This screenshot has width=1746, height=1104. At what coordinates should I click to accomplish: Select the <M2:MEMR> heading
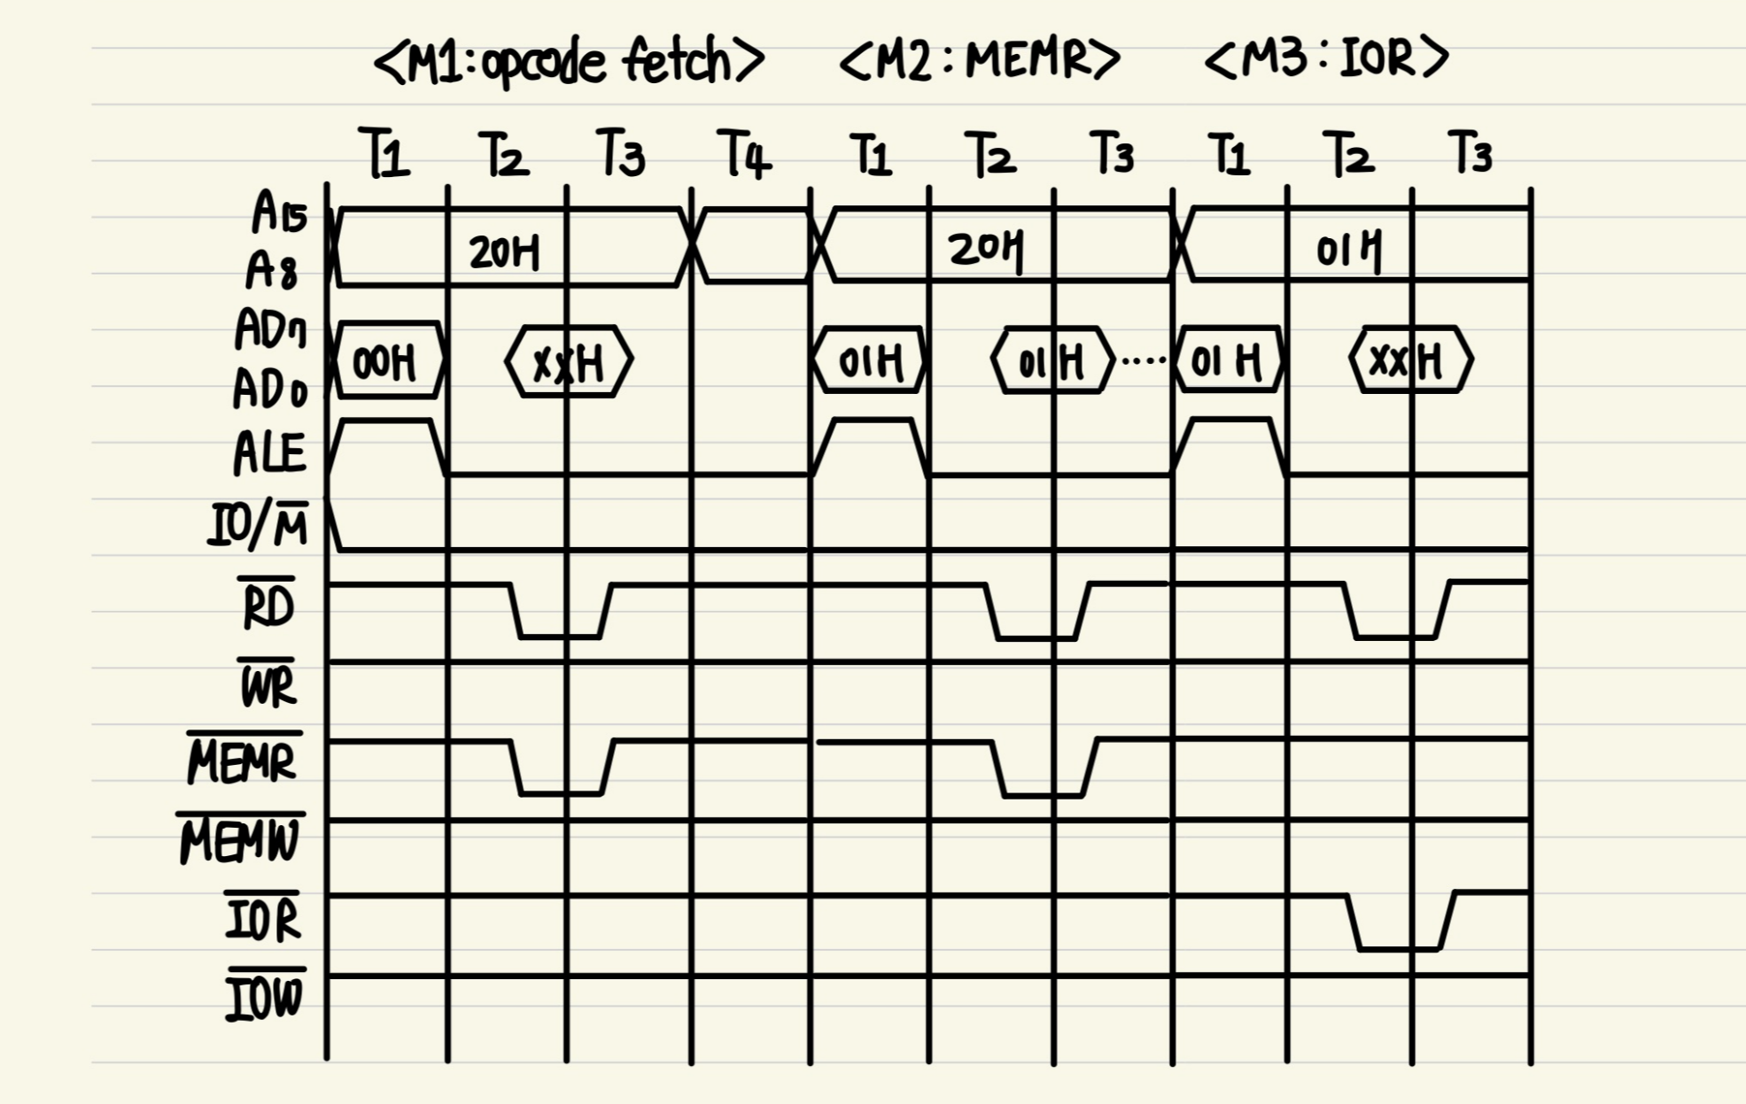[980, 60]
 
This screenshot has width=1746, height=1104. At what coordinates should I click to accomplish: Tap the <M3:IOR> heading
[1326, 58]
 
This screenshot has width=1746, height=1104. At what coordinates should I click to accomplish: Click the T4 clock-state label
[744, 154]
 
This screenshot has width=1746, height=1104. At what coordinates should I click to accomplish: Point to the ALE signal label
[269, 453]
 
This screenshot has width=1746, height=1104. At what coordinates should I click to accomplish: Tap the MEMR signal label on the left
[242, 761]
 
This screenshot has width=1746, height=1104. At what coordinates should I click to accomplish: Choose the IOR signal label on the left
[263, 918]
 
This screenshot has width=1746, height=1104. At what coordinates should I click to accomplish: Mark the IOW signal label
[265, 997]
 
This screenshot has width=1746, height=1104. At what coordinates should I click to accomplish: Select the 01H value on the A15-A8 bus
[1348, 250]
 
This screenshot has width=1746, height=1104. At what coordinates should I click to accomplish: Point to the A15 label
[279, 213]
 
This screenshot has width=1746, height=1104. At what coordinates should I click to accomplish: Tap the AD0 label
[270, 390]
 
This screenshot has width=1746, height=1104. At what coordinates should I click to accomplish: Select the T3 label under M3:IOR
[1471, 152]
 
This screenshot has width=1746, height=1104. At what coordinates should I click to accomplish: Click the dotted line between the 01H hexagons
[1144, 360]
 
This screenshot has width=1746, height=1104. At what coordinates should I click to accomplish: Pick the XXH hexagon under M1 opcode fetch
[569, 362]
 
